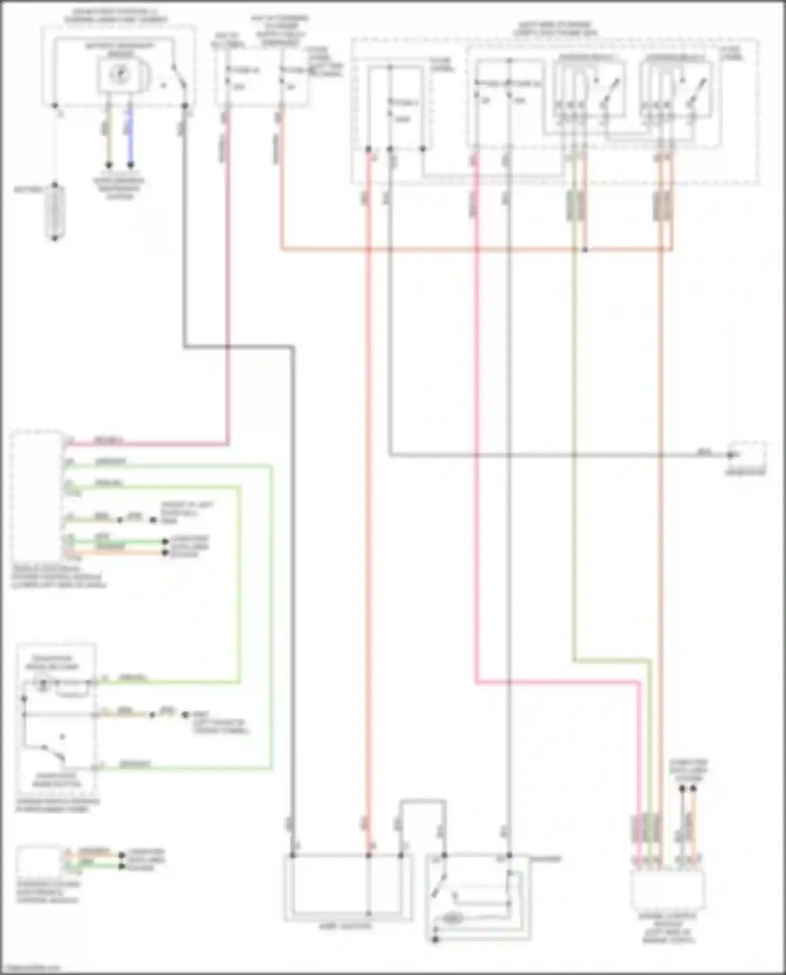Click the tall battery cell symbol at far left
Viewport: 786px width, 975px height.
[55, 212]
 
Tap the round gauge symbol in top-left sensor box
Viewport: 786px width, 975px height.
[120, 75]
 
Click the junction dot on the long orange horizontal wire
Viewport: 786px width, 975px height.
[585, 250]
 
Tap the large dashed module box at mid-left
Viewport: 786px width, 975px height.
[37, 495]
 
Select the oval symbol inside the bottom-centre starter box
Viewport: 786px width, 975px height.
[452, 918]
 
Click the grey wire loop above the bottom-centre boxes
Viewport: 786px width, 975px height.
[423, 801]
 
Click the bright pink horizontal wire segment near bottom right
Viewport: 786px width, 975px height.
[555, 683]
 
